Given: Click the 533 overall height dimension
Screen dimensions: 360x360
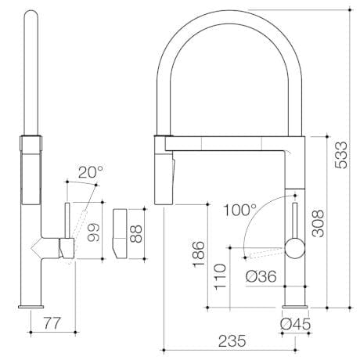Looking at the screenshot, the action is click(x=341, y=155).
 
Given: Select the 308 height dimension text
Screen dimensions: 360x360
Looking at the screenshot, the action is click(x=318, y=223).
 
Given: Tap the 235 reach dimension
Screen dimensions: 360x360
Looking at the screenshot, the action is click(x=232, y=341).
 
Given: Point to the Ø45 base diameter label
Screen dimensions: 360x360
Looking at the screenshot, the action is click(x=295, y=324).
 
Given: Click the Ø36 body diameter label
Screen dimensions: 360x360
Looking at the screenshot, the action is click(x=261, y=276).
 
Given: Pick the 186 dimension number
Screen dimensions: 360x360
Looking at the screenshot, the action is click(x=199, y=254).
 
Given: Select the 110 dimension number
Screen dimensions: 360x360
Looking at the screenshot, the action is click(x=220, y=276).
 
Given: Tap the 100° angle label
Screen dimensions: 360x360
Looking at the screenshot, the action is click(x=240, y=210).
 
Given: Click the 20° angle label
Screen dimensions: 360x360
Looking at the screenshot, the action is click(x=91, y=172).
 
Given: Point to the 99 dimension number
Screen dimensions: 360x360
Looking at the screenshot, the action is click(x=93, y=232).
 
